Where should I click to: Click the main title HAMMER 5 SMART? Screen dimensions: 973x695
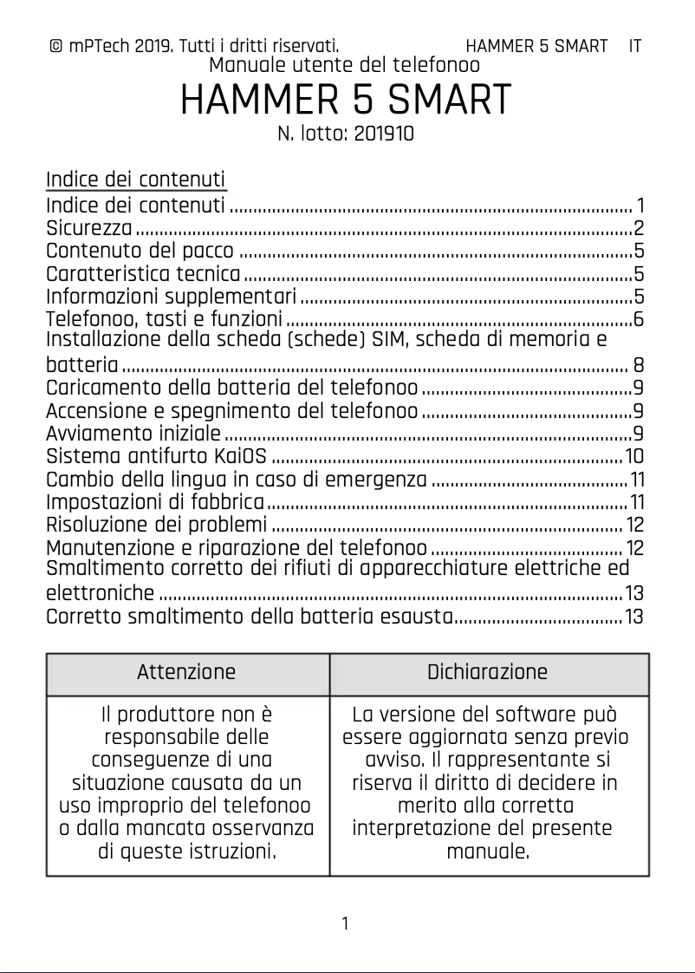(x=345, y=101)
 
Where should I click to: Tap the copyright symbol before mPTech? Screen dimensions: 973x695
(x=55, y=46)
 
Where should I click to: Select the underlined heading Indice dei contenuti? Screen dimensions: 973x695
(x=135, y=180)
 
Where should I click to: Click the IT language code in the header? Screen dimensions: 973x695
(x=635, y=46)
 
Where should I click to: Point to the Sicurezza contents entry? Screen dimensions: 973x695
(x=88, y=229)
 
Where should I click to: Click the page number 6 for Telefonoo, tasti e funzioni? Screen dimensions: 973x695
(x=638, y=319)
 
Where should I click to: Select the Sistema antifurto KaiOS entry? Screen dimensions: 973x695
(x=156, y=456)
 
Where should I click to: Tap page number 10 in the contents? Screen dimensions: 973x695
(x=633, y=456)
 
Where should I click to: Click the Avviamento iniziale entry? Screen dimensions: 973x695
(x=133, y=433)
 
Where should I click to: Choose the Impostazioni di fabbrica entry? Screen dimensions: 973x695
(x=154, y=502)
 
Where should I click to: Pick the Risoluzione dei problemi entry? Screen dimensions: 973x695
(x=156, y=525)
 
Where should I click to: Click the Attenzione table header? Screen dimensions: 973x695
(x=186, y=672)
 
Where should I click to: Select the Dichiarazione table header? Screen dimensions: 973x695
(x=487, y=672)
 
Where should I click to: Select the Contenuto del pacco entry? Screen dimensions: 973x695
(x=139, y=251)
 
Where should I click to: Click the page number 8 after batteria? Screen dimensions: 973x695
(x=638, y=364)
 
